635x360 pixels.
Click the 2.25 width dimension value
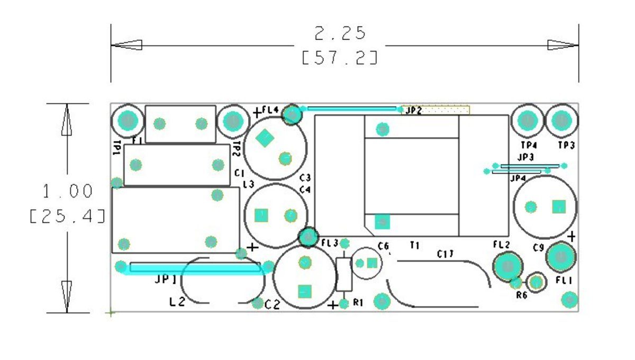click(x=340, y=33)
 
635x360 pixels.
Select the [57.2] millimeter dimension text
click(x=340, y=58)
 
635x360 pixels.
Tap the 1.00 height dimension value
click(x=68, y=191)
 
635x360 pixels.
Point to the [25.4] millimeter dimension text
click(x=68, y=216)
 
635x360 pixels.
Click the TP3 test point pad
click(x=561, y=121)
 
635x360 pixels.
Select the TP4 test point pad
click(x=528, y=121)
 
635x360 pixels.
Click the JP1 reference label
click(x=166, y=280)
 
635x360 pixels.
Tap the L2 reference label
click(x=177, y=302)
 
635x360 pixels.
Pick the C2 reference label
click(x=272, y=305)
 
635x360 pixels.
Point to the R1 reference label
click(x=358, y=303)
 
